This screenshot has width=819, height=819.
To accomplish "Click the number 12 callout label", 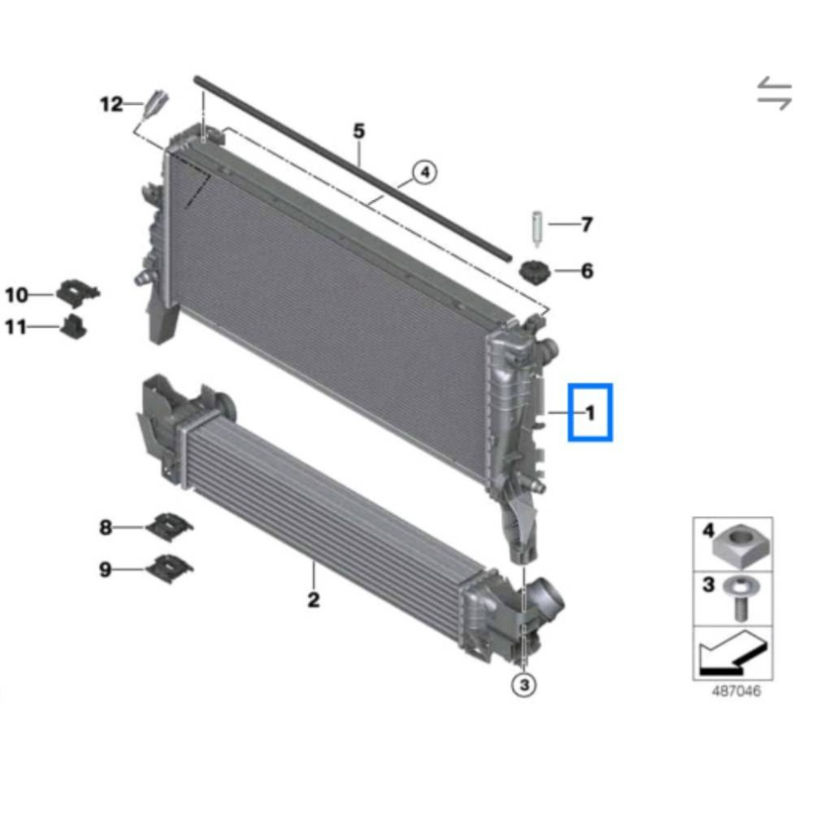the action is tap(111, 105).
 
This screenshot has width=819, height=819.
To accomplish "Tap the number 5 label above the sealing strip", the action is tap(359, 130).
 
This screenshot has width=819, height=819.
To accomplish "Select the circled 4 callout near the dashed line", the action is tap(424, 172).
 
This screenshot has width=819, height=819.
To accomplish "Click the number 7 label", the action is tap(587, 224).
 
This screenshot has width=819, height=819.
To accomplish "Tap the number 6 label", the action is tap(587, 271).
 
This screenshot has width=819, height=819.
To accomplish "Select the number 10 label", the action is tap(16, 295).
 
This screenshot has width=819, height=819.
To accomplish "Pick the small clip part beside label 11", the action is tap(74, 327).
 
